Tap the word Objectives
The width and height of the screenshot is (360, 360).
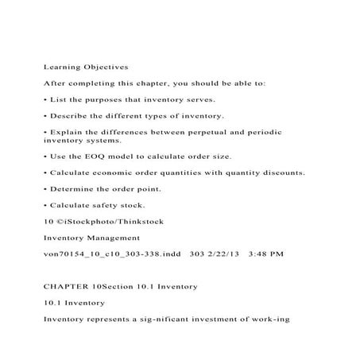pyautogui.click(x=106, y=68)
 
